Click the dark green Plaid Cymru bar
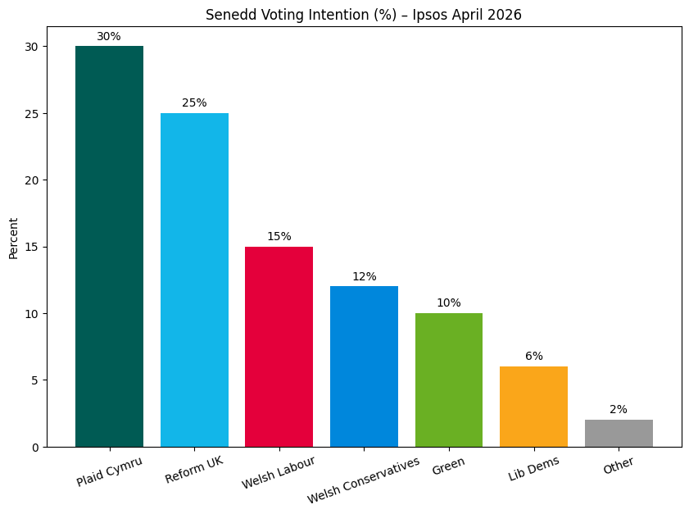[x=109, y=246]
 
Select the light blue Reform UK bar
[x=194, y=280]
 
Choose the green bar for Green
[x=449, y=380]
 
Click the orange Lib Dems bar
[x=533, y=407]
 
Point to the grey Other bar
[x=619, y=433]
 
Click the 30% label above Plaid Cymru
[x=109, y=37]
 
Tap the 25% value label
[x=194, y=103]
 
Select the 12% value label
[x=364, y=277]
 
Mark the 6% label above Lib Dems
[x=533, y=357]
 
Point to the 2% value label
[x=619, y=410]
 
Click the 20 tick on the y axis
[x=31, y=180]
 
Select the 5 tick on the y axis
[x=34, y=380]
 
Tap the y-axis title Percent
[x=13, y=238]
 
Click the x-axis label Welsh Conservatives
[x=364, y=480]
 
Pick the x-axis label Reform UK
[x=194, y=470]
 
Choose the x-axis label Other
[x=619, y=466]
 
